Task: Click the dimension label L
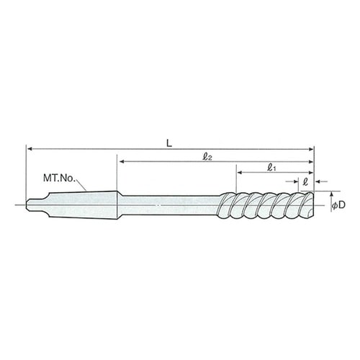pos(169,143)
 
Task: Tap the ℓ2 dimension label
pos(207,158)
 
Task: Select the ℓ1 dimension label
pos(271,168)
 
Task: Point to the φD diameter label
pos(338,205)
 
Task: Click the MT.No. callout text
pos(59,178)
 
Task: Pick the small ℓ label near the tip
pos(305,182)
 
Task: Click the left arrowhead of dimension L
pos(30,149)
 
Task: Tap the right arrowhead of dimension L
pos(311,149)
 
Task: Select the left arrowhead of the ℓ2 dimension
pos(122,161)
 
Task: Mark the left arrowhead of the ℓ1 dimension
pos(240,172)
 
